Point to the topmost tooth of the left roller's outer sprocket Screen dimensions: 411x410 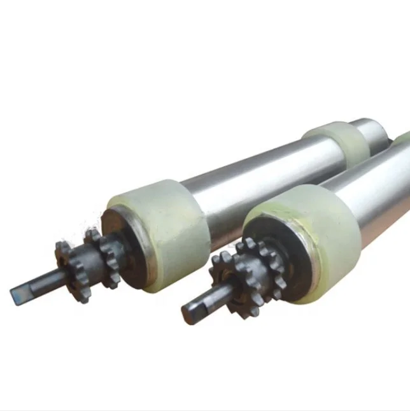pos(64,245)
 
